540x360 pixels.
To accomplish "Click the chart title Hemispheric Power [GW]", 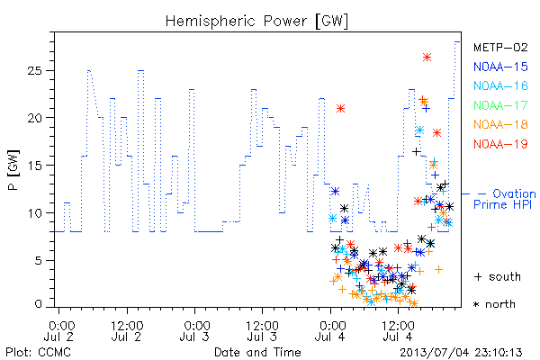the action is click(x=256, y=21).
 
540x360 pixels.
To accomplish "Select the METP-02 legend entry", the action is click(x=500, y=47).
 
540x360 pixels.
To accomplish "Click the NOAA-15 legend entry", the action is click(x=500, y=67).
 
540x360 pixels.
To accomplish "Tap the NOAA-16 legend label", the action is click(x=500, y=85).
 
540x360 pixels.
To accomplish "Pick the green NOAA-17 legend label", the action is click(x=500, y=105).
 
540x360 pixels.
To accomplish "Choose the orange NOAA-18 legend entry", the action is click(x=500, y=124).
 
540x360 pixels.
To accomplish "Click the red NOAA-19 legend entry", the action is click(x=500, y=144).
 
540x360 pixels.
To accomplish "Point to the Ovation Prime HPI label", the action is click(x=505, y=199).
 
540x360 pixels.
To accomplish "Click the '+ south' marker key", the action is click(x=498, y=276).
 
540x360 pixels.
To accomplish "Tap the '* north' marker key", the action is click(x=494, y=304).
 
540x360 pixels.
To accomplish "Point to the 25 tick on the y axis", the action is click(x=34, y=70).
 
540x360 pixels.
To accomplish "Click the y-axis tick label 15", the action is click(x=34, y=166).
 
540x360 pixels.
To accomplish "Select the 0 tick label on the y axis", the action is click(x=39, y=304).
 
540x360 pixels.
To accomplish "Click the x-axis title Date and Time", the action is click(x=257, y=352).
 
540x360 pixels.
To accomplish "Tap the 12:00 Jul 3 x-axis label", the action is click(x=262, y=330).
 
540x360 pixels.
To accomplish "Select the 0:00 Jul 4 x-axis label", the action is click(x=330, y=330).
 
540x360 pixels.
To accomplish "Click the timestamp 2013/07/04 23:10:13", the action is click(x=461, y=353).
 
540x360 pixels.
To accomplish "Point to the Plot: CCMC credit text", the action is click(x=38, y=353).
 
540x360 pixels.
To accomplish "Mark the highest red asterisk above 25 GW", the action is click(x=427, y=58).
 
